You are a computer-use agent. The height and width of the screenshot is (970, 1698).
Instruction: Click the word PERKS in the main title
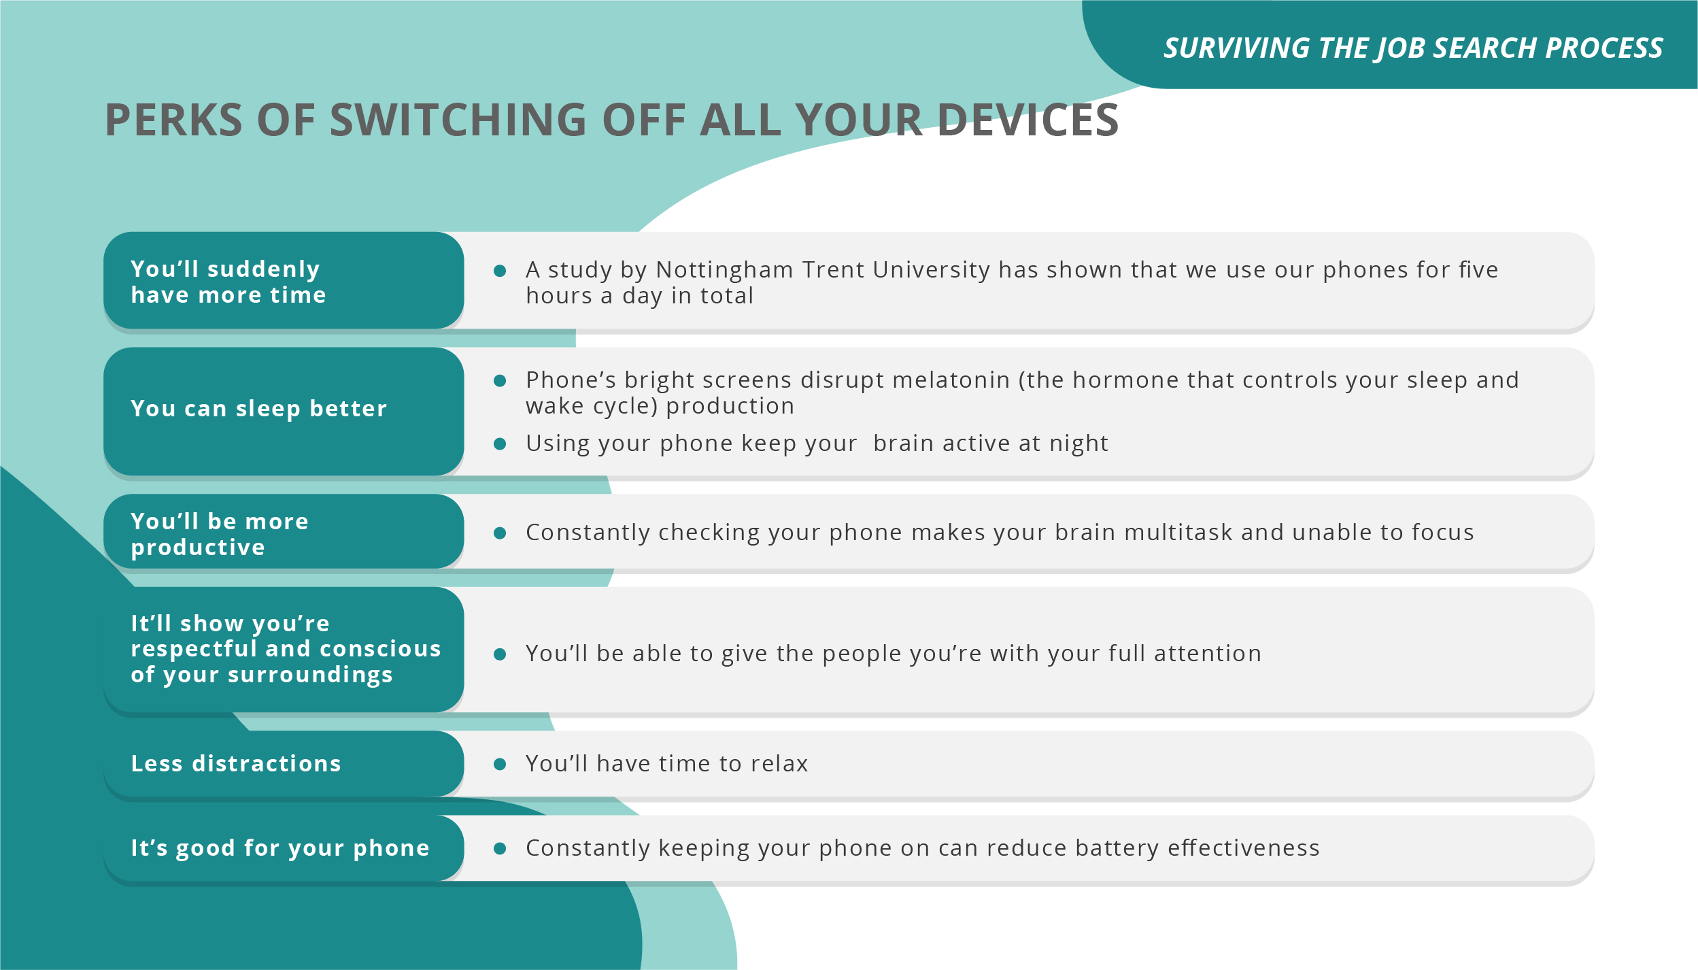(174, 120)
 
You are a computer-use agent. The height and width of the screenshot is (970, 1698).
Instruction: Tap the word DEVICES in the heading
(1028, 120)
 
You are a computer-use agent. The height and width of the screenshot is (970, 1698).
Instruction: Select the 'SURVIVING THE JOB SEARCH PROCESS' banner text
(1413, 48)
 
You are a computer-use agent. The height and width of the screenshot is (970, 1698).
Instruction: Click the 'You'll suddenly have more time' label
(228, 282)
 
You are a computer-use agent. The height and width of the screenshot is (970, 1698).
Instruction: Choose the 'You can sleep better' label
(259, 408)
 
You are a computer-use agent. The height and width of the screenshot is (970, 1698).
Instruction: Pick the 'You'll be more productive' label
(220, 534)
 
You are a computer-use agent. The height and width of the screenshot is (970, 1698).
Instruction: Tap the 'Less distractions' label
(236, 763)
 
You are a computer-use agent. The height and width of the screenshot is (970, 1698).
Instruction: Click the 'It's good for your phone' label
(280, 848)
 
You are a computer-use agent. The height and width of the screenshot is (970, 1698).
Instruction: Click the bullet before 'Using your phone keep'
(500, 444)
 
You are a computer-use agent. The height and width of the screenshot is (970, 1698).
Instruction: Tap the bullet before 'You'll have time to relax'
(500, 765)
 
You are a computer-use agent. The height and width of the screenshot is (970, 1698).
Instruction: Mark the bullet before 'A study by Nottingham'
(500, 271)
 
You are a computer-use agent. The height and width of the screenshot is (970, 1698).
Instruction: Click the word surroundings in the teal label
(310, 675)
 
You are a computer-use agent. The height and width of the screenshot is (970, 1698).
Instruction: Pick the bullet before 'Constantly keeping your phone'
(500, 849)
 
